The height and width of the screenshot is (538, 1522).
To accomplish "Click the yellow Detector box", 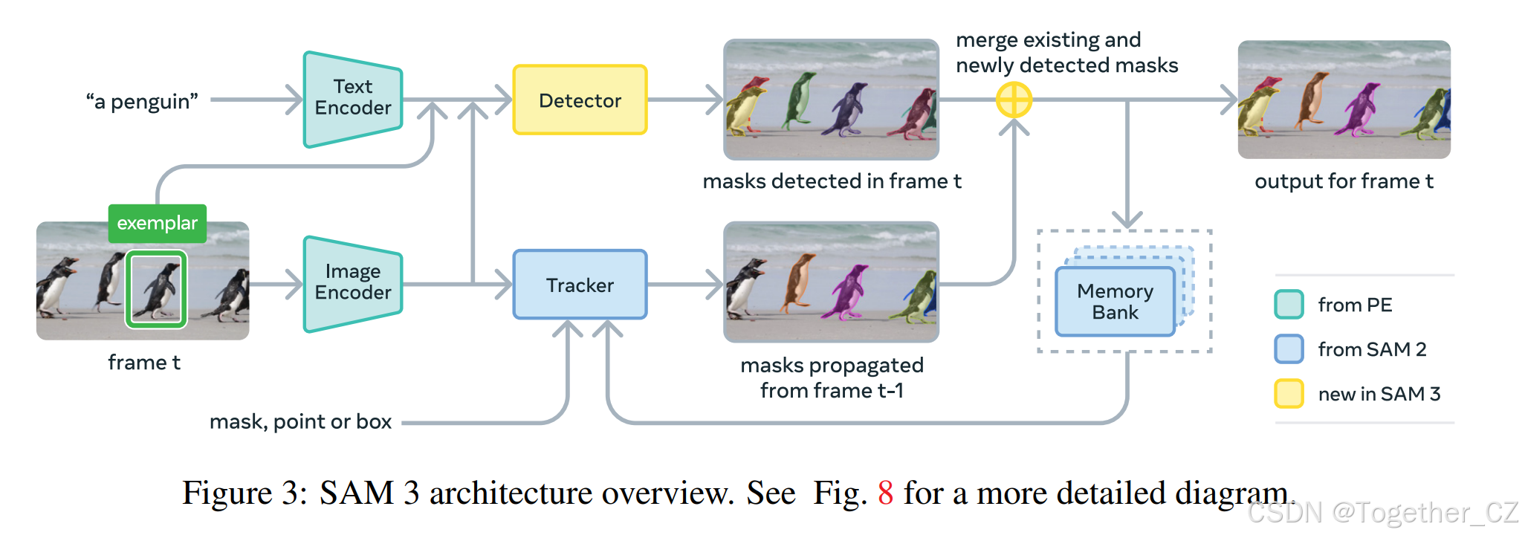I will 580,100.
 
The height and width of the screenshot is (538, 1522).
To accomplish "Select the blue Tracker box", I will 580,285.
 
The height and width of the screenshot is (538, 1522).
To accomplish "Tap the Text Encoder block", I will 353,98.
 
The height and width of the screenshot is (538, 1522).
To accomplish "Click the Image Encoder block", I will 353,282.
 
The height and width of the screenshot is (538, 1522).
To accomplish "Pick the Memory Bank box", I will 1115,302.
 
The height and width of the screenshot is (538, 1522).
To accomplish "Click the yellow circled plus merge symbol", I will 1014,100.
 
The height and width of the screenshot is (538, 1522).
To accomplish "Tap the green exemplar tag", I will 157,223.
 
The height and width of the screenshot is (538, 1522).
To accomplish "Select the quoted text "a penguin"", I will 142,101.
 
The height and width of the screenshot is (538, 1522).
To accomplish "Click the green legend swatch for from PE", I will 1289,305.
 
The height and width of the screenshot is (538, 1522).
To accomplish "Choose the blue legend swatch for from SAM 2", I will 1289,349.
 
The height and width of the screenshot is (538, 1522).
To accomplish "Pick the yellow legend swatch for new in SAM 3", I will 1289,394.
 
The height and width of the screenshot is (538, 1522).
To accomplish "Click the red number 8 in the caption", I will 885,493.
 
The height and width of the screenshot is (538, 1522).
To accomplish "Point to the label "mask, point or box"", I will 300,422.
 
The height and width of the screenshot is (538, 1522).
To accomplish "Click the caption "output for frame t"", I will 1344,181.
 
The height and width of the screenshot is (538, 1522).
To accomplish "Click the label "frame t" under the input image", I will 144,363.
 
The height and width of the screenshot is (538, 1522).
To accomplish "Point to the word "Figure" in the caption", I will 227,493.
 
